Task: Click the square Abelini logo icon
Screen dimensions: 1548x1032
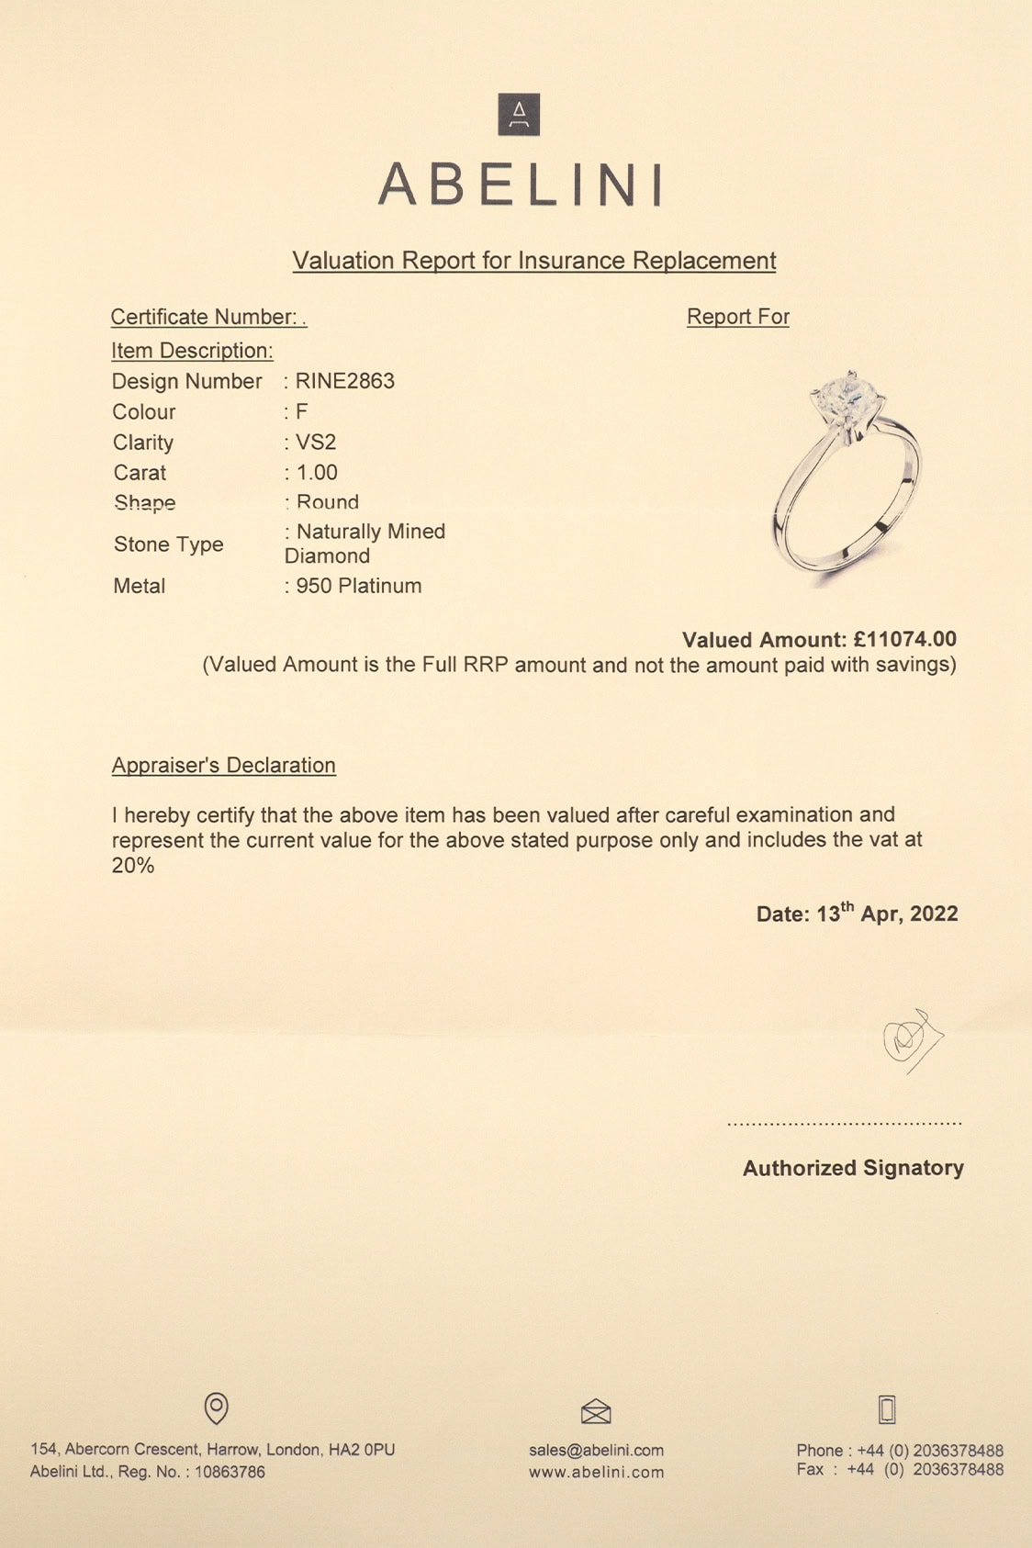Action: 519,115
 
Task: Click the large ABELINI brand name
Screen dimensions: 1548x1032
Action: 520,184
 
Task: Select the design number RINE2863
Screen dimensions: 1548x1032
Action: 345,381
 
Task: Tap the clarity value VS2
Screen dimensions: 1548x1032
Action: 316,443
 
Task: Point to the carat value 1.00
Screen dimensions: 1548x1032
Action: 317,473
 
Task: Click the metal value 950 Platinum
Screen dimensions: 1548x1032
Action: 358,586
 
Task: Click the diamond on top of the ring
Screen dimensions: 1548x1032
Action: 842,395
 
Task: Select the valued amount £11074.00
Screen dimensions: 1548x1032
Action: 904,639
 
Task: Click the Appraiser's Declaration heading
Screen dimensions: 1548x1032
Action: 223,765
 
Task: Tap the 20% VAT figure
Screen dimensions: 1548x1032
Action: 133,865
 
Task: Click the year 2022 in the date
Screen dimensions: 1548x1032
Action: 934,914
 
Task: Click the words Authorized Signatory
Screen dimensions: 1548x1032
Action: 853,1168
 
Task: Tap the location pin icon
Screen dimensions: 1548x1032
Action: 216,1408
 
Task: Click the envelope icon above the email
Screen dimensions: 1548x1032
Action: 596,1410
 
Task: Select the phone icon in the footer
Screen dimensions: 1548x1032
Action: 887,1408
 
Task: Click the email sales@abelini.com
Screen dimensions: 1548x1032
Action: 596,1451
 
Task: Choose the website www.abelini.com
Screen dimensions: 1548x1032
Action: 596,1473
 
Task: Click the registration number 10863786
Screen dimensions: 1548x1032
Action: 230,1472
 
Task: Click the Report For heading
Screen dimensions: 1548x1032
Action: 737,317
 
